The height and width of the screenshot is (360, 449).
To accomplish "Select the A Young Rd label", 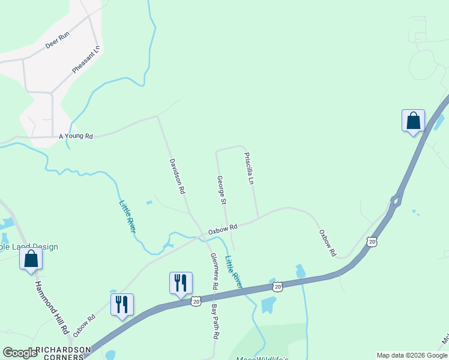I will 76,136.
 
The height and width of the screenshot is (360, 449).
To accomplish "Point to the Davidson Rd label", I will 176,176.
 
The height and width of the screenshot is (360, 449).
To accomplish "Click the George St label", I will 221,188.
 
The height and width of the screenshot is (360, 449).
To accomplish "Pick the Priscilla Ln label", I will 250,168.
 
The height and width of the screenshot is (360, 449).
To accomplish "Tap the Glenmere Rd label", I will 214,271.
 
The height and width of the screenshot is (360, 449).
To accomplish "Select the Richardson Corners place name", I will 63,353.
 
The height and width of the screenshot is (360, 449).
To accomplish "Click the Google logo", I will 20,353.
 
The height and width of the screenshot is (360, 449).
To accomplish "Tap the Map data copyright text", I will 411,355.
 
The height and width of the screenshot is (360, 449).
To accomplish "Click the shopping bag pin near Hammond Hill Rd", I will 31,259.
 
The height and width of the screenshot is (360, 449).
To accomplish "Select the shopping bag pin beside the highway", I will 413,121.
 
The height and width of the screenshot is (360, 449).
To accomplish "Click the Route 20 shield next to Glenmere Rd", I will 196,301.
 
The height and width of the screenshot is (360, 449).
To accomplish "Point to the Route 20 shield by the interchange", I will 372,241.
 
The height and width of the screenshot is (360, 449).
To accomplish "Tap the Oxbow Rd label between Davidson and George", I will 223,229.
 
